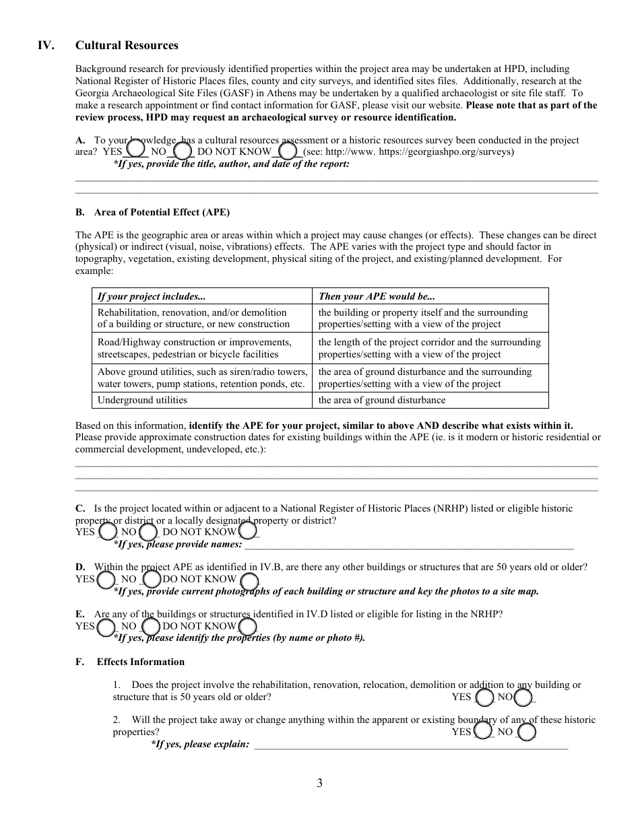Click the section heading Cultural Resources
[127, 45]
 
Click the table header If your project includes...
[152, 296]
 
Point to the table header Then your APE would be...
[377, 296]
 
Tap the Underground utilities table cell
[142, 400]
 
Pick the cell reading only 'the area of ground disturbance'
[382, 400]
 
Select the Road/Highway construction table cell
[195, 348]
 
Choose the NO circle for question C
[148, 532]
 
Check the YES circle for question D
[106, 580]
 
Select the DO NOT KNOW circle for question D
[249, 581]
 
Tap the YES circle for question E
[106, 627]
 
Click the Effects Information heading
[140, 662]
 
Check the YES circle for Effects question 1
[484, 697]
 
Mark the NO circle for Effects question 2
[527, 731]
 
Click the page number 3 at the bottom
[319, 783]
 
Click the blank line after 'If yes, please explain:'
[411, 745]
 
